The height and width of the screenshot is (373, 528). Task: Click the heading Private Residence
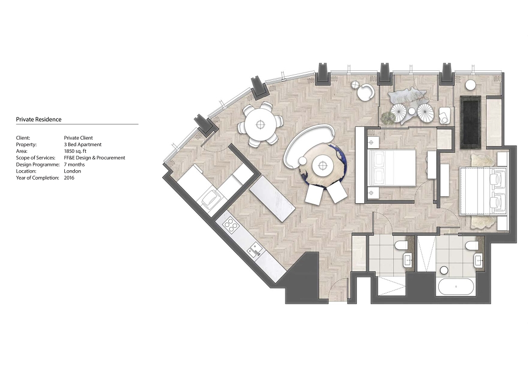(38, 119)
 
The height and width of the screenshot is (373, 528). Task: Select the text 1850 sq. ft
(75, 151)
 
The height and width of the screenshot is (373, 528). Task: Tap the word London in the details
(73, 171)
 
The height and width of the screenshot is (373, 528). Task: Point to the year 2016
(69, 178)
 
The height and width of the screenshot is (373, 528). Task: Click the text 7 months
(74, 164)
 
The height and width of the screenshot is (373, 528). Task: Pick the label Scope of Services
(36, 158)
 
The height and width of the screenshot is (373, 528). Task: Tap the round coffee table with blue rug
(323, 165)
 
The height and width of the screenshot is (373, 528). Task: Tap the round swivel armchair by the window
(365, 92)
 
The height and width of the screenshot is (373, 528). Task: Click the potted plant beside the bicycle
(389, 118)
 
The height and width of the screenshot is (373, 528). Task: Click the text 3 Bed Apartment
(83, 144)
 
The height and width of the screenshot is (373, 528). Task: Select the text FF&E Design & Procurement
(95, 158)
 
